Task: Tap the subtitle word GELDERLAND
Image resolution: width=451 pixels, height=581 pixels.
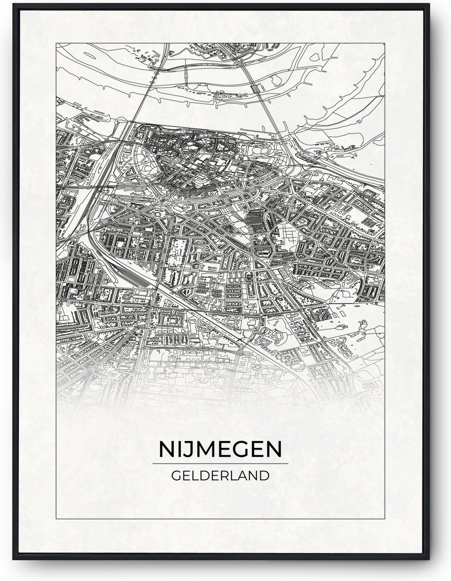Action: point(220,475)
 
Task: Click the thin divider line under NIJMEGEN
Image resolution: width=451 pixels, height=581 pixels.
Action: point(220,463)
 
